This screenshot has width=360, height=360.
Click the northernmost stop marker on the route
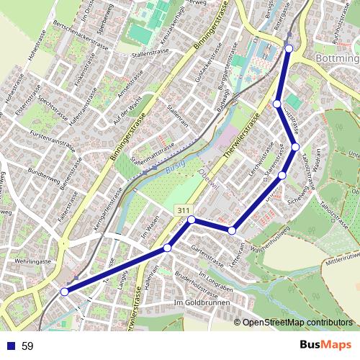tap(289, 48)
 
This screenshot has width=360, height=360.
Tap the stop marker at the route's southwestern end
tap(65, 292)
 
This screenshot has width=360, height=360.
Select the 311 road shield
tap(183, 210)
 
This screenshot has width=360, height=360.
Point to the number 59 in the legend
tap(27, 346)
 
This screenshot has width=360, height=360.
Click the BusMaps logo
tap(320, 346)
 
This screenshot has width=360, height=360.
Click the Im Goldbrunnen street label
tap(202, 303)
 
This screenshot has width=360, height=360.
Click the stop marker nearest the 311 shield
tap(192, 220)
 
